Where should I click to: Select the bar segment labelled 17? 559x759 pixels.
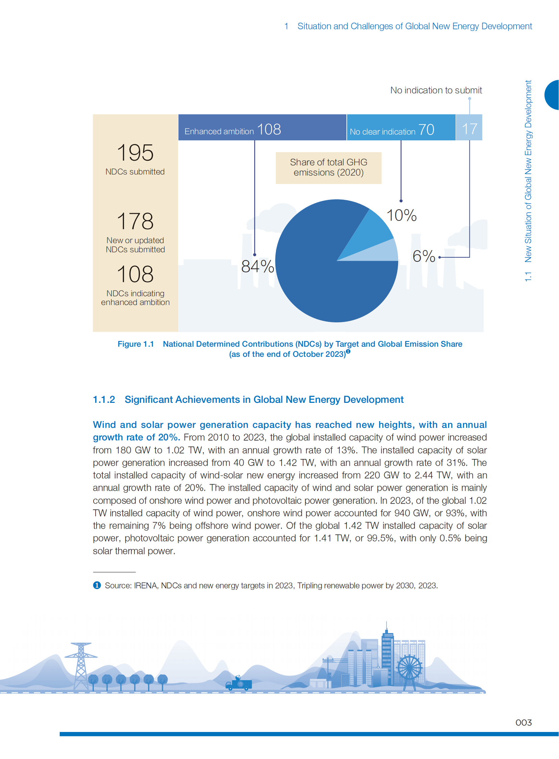pos(469,128)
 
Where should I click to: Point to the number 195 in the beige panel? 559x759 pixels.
pos(135,153)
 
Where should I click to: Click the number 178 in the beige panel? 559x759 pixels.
pos(135,221)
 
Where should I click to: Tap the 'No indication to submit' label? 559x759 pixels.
pos(436,90)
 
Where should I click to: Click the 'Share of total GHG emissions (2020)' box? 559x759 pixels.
pos(328,168)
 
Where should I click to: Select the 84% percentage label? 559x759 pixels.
pos(258,266)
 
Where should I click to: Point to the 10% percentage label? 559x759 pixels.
pos(401,215)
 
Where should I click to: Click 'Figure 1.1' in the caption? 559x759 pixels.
pos(135,344)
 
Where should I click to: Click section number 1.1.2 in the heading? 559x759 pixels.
pos(104,400)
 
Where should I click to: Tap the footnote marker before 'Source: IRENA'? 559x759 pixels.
pos(97,585)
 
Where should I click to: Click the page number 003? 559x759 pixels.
pos(523,722)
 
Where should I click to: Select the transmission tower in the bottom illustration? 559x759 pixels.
pos(81,666)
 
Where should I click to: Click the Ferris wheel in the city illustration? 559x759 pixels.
pos(409,669)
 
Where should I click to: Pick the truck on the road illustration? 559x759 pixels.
pos(239,684)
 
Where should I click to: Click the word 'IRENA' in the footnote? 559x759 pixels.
pos(146,585)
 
